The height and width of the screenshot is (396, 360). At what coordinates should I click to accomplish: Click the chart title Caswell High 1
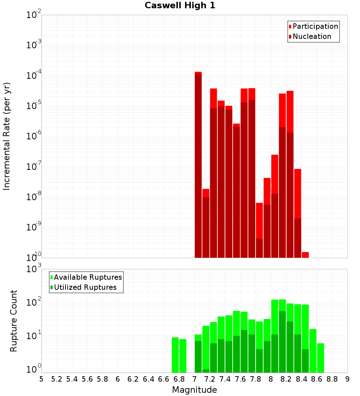click(x=180, y=6)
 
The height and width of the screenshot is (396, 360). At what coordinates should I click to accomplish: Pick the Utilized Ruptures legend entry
click(x=85, y=287)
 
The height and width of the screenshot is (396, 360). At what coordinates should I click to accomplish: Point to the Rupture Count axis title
click(x=14, y=320)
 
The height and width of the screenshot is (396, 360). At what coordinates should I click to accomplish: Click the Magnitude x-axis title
click(x=194, y=390)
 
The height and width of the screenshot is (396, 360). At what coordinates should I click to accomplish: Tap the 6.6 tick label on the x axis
click(x=164, y=379)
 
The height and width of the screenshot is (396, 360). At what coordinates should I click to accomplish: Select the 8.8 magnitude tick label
click(x=332, y=379)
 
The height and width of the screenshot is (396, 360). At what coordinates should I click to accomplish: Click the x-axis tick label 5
click(x=41, y=379)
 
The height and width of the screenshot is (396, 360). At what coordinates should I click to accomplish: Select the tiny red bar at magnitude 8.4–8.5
click(x=305, y=255)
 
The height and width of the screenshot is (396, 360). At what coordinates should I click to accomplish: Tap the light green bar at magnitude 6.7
click(x=175, y=355)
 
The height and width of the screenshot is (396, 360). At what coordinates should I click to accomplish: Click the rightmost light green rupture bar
click(x=320, y=358)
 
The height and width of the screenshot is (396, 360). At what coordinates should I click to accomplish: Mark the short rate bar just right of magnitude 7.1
click(x=206, y=223)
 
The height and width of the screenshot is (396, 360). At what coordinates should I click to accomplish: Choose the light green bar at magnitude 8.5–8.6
click(x=313, y=351)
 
